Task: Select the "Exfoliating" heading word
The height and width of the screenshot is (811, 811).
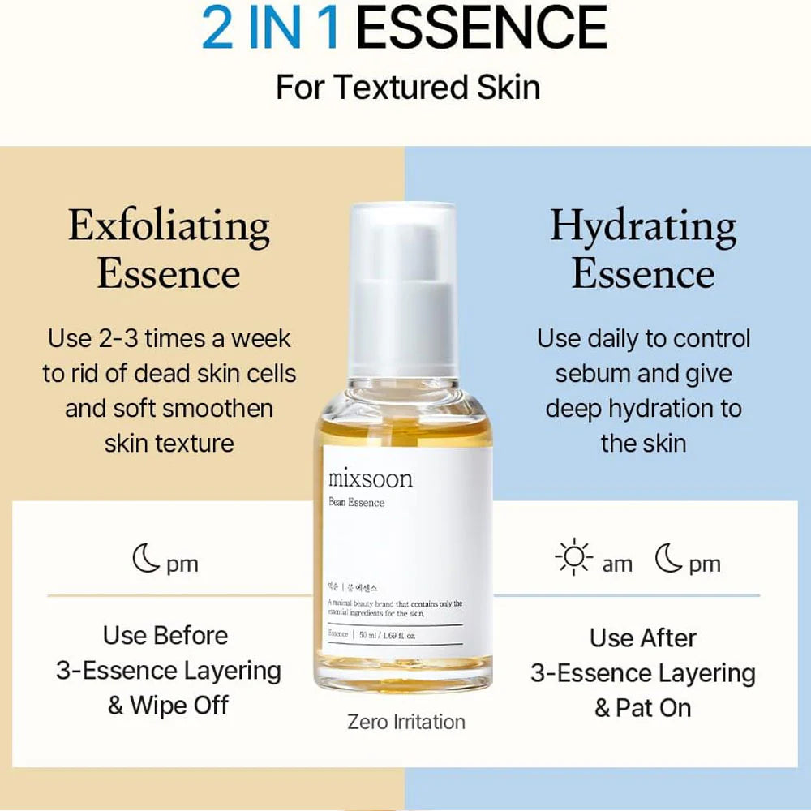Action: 169,226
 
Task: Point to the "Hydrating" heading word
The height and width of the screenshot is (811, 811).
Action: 643,226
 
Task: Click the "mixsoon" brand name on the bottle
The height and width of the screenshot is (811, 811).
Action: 371,478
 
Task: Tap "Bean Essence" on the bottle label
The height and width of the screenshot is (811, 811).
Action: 357,503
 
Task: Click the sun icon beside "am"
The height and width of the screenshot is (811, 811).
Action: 574,561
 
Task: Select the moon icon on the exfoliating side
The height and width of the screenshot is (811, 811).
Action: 146,560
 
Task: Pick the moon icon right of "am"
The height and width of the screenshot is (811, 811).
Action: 669,560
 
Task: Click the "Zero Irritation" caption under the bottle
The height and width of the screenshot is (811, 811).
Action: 406,721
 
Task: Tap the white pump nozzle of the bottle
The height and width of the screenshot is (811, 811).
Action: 403,243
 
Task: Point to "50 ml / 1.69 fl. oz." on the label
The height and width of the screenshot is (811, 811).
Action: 387,634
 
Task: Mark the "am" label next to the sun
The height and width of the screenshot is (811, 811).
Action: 617,564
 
